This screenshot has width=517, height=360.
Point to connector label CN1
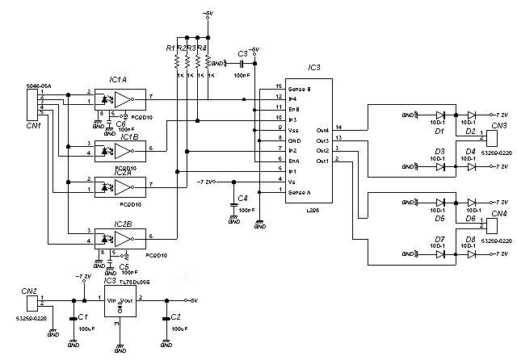pyautogui.click(x=32, y=125)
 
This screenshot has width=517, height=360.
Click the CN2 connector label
pyautogui.click(x=29, y=290)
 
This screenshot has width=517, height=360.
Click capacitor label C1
pyautogui.click(x=82, y=317)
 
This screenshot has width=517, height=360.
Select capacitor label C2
pyautogui.click(x=175, y=317)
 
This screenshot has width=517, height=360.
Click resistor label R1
pyautogui.click(x=170, y=48)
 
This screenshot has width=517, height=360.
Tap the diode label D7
pyautogui.click(x=440, y=239)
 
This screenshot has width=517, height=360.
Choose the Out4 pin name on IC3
pyautogui.click(x=322, y=129)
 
